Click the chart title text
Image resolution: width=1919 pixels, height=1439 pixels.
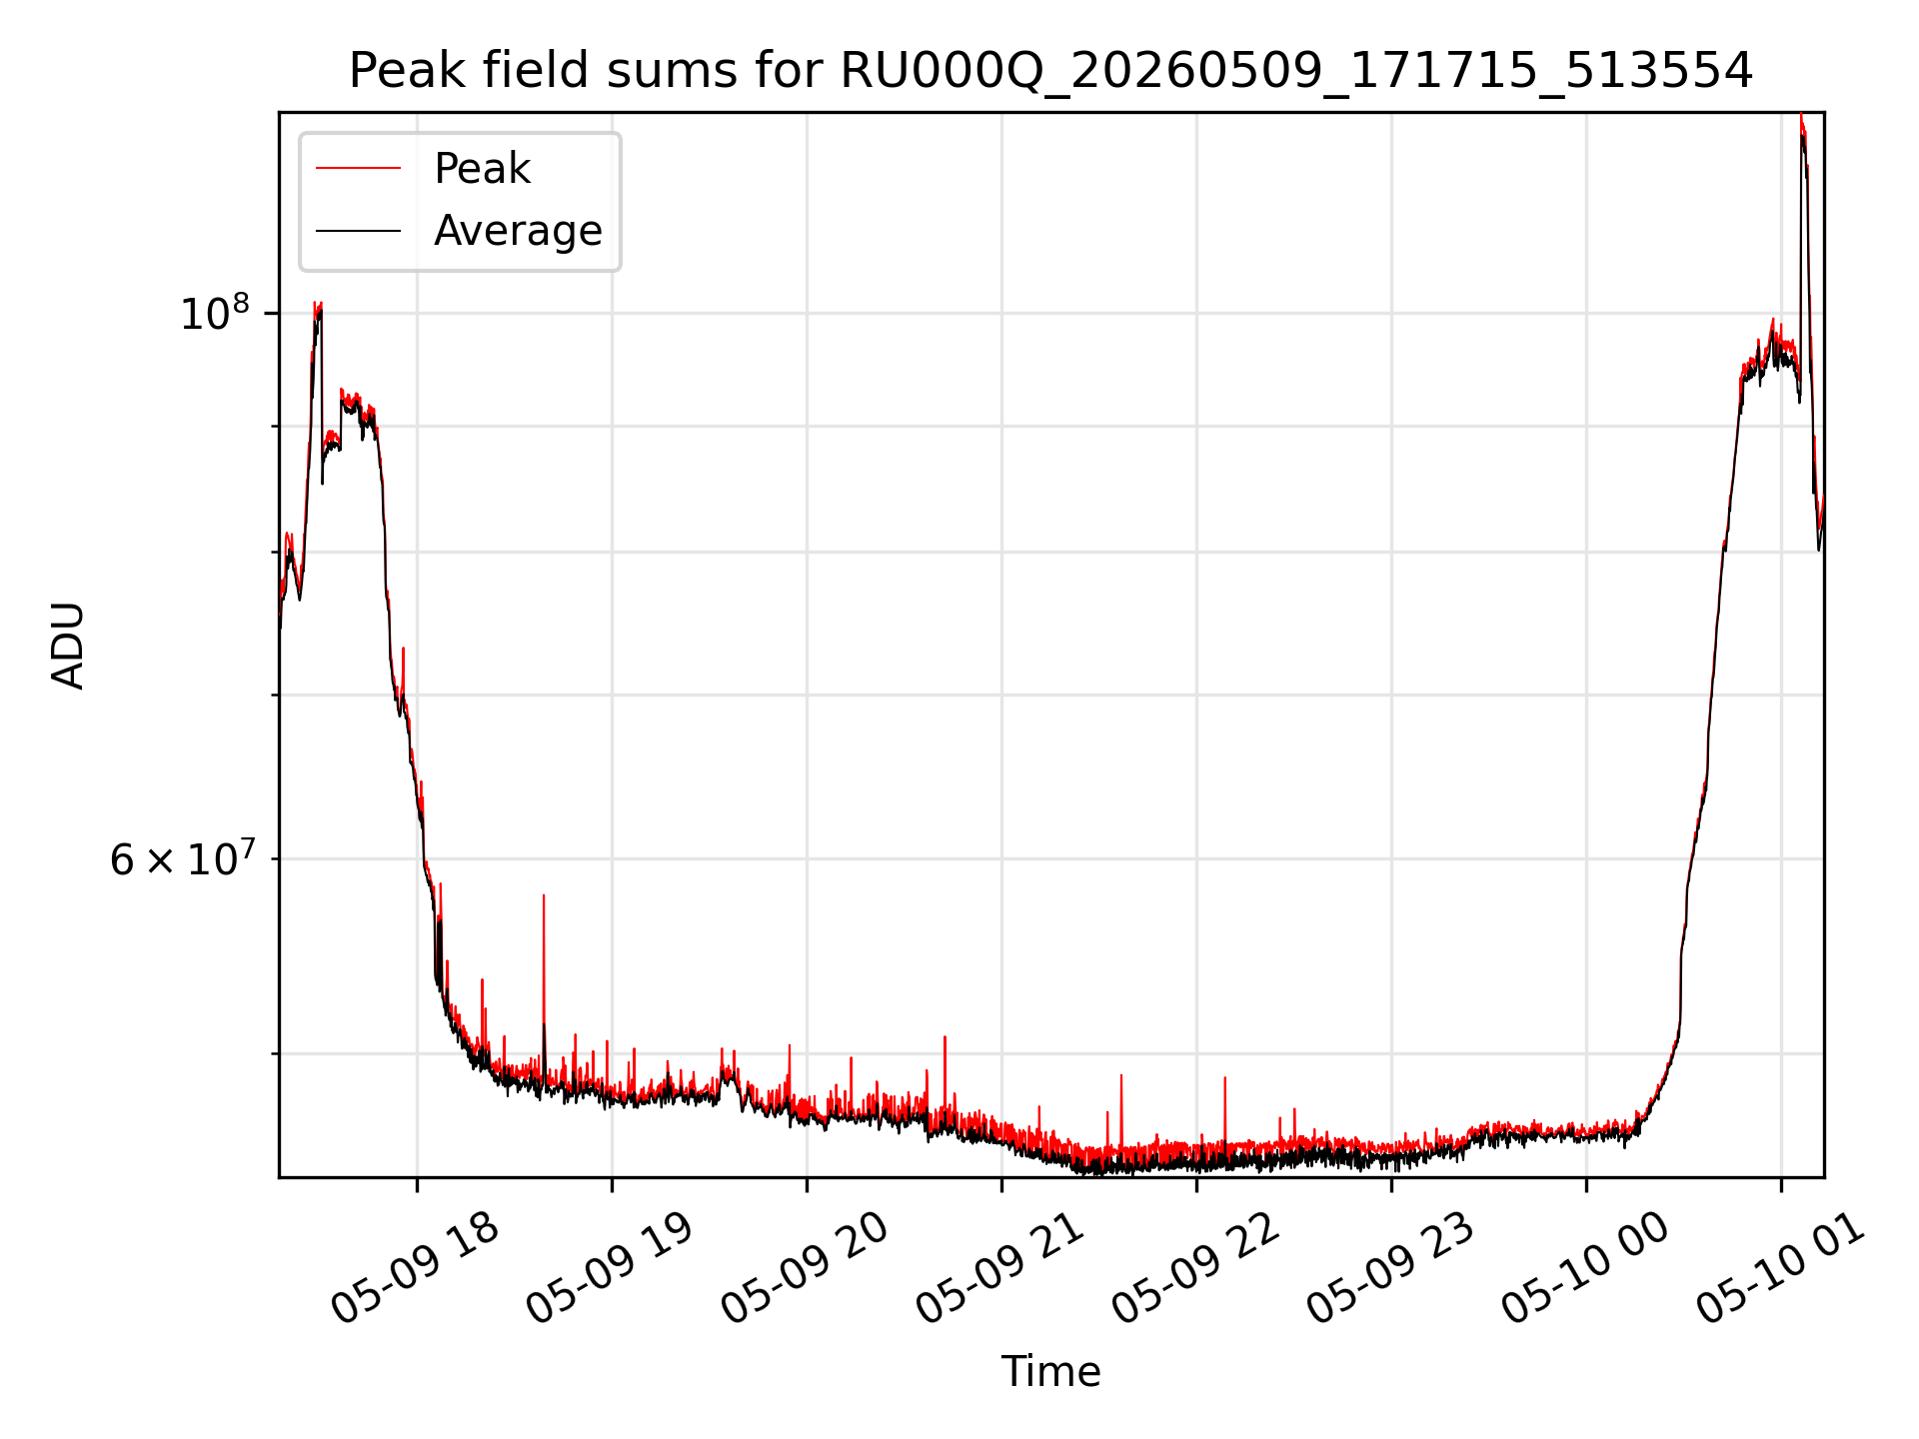point(1050,71)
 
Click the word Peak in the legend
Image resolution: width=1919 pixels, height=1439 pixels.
point(482,169)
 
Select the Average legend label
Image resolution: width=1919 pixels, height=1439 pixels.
point(518,231)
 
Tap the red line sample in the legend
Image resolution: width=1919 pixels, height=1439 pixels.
point(358,168)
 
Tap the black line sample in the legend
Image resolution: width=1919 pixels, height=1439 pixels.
point(358,231)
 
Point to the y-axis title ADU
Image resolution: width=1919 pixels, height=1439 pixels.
point(68,646)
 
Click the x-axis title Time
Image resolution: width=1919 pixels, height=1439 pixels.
point(1050,1372)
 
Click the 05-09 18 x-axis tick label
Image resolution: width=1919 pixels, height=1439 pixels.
point(414,1269)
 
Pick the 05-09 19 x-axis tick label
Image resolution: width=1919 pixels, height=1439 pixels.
point(609,1269)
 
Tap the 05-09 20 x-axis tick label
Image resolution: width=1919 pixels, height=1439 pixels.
point(804,1269)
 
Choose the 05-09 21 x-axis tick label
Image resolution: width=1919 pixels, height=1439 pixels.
point(999,1269)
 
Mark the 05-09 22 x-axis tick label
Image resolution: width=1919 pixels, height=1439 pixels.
point(1194,1269)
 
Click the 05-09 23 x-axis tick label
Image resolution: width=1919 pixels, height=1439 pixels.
point(1389,1269)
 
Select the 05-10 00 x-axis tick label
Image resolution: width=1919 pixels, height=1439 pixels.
point(1584,1269)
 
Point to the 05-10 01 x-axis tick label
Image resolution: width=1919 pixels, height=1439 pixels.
point(1779,1269)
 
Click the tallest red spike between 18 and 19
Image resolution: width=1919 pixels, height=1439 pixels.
point(544,895)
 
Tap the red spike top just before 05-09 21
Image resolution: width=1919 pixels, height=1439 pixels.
point(945,1037)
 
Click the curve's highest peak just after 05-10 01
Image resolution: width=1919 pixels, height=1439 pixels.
point(1801,116)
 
